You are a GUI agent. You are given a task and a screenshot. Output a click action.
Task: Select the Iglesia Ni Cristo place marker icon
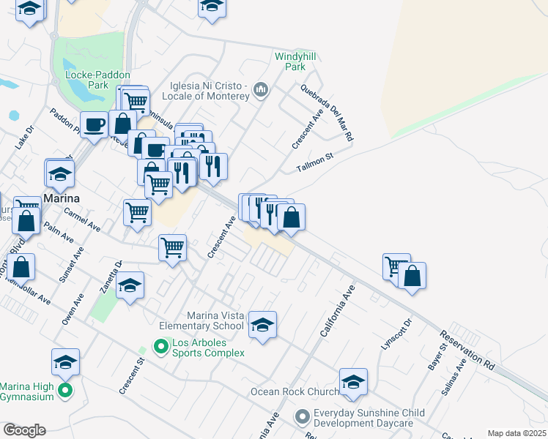coord(260,91)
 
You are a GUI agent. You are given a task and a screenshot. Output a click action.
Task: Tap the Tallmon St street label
coord(315,162)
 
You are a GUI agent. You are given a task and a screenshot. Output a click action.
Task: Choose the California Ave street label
coord(337,311)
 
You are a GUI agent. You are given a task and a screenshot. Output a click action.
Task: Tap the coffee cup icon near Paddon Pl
coord(93,124)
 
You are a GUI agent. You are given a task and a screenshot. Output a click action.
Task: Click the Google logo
coord(24,429)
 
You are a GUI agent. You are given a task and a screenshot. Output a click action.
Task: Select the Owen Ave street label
coord(69,309)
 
